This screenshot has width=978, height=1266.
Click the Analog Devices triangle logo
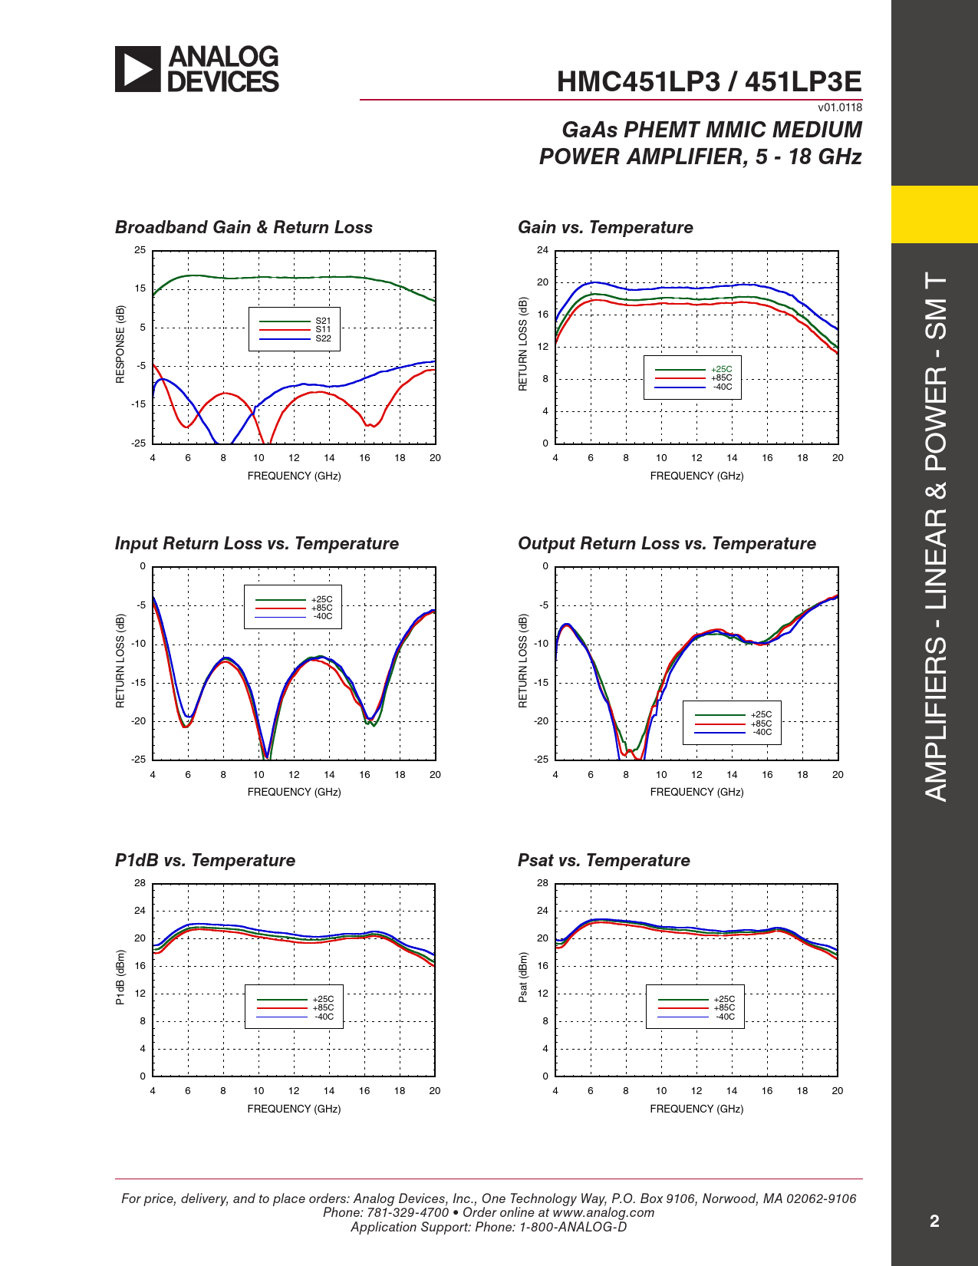point(138,69)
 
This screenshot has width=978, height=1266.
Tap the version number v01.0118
point(840,107)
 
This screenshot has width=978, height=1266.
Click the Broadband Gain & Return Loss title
point(244,227)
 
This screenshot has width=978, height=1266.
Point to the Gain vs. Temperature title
point(605,227)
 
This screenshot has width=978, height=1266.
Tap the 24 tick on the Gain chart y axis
point(542,250)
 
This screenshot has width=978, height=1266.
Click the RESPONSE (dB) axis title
point(120,345)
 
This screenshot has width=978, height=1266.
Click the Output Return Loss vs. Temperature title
point(667,543)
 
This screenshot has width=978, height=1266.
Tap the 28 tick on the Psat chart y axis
point(542,883)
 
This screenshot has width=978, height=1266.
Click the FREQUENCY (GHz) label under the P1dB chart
point(294,1109)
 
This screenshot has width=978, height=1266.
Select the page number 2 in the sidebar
point(934,1221)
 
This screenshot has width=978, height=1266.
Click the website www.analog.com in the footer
point(603,1212)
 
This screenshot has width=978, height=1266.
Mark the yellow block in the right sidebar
point(934,214)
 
